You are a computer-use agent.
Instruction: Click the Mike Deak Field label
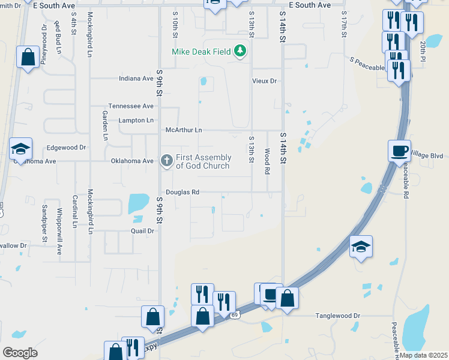[x=202, y=52]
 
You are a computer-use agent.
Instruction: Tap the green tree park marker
[x=241, y=51]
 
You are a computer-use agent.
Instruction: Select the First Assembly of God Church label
[x=203, y=161]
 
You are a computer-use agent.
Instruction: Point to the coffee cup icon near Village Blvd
[x=399, y=149]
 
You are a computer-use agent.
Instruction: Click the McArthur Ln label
[x=184, y=130]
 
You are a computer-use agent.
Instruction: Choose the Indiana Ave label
[x=136, y=79]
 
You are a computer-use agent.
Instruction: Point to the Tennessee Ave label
[x=131, y=106]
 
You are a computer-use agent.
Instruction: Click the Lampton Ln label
[x=136, y=120]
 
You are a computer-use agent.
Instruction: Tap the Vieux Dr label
[x=264, y=81]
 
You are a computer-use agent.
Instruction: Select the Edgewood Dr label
[x=67, y=147]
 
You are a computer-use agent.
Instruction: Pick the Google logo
[x=20, y=353]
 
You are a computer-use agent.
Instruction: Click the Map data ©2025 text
[x=423, y=355]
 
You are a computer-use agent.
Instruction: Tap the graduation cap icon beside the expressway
[x=361, y=247]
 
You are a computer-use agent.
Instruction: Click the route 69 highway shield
[x=235, y=315]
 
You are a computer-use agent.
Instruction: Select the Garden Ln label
[x=104, y=125]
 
